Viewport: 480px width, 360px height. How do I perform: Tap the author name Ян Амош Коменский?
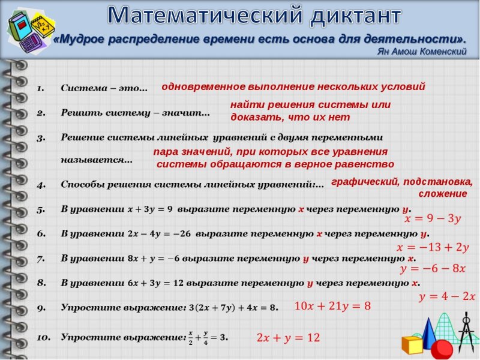coord(421,52)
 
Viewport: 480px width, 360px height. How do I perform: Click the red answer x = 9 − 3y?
coord(433,219)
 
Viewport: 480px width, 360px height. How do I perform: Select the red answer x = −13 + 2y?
coord(433,247)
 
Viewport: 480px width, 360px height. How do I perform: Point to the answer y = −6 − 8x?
coord(433,268)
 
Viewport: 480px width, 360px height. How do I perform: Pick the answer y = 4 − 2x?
coord(446,296)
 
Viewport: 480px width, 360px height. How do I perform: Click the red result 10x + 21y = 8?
coord(332,306)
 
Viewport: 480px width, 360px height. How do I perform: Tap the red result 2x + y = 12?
coord(288,338)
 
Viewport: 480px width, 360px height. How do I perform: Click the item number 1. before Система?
coord(41,88)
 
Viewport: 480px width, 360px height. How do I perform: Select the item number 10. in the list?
coord(43,338)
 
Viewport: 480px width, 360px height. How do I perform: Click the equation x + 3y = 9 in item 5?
coord(150,209)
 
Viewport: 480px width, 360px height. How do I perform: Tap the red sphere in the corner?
coord(442,349)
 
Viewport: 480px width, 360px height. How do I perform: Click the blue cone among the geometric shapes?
coord(429,333)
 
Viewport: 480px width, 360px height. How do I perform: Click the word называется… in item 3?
coord(97,160)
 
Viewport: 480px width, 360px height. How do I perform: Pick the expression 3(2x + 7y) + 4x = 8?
coord(233,308)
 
